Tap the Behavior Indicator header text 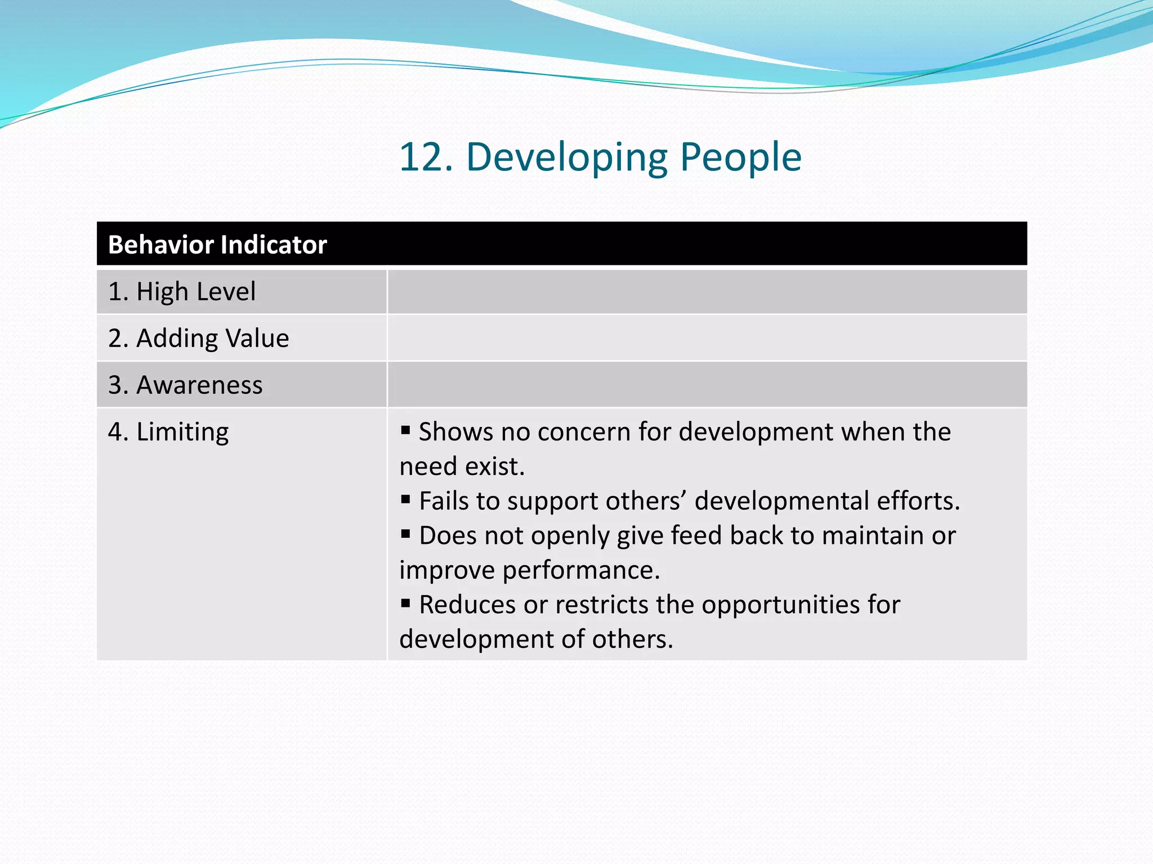[217, 245]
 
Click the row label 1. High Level [182, 291]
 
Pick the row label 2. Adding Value [198, 338]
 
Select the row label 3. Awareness [185, 385]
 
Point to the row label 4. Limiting [168, 432]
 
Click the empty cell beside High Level [707, 291]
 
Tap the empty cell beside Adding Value [707, 338]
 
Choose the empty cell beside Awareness [707, 385]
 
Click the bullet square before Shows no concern [405, 431]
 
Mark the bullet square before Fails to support [405, 499]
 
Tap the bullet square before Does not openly [405, 534]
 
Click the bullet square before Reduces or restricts [405, 604]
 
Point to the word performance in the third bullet [580, 570]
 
